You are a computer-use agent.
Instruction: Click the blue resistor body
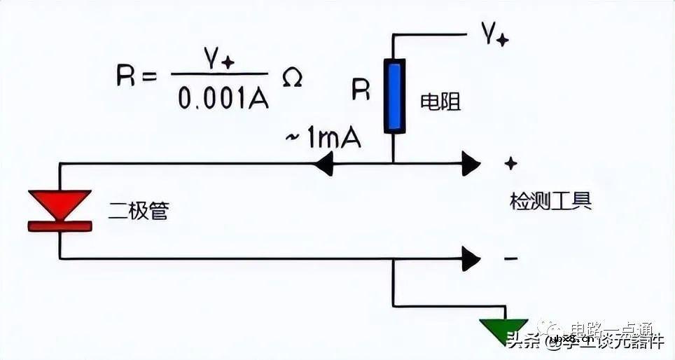[x=394, y=96]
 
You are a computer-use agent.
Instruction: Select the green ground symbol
[x=503, y=330]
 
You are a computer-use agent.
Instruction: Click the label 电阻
[x=440, y=102]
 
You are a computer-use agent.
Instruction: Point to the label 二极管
[x=139, y=211]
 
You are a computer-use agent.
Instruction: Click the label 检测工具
[x=550, y=201]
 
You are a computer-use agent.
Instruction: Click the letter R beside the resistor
[x=361, y=90]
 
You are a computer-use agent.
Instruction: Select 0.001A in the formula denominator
[x=223, y=99]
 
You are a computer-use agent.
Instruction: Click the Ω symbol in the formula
[x=291, y=78]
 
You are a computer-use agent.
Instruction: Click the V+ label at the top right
[x=494, y=34]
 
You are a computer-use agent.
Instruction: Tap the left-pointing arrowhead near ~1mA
[x=323, y=165]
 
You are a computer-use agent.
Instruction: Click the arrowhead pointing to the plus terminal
[x=471, y=165]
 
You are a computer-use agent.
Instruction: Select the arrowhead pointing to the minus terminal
[x=471, y=259]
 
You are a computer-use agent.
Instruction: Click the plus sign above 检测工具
[x=511, y=163]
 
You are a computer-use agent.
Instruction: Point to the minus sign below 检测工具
[x=511, y=259]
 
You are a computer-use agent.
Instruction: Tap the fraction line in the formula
[x=220, y=74]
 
